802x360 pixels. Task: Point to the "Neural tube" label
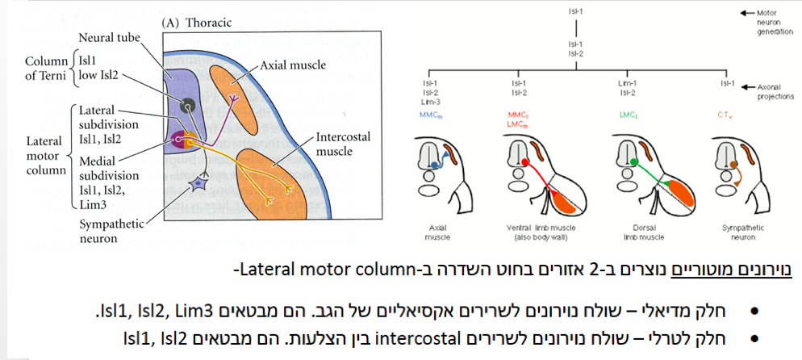(108, 38)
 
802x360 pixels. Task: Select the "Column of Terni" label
(46, 69)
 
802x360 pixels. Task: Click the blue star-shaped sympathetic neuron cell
(198, 185)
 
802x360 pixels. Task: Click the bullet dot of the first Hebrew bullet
(755, 310)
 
